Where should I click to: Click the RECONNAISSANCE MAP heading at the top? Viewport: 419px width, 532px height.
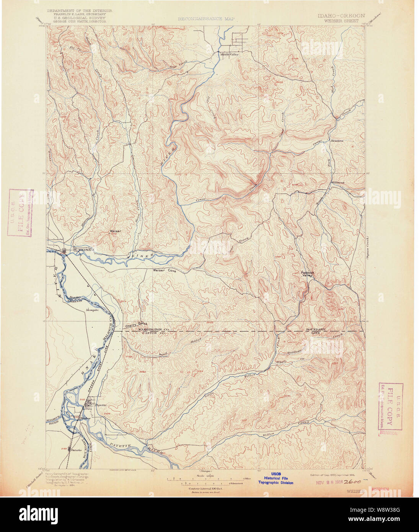pyautogui.click(x=206, y=18)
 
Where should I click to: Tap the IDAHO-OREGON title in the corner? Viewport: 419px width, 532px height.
pyautogui.click(x=341, y=16)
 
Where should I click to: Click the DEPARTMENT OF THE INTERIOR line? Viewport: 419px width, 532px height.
pyautogui.click(x=80, y=11)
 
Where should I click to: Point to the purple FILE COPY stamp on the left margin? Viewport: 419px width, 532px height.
pyautogui.click(x=20, y=213)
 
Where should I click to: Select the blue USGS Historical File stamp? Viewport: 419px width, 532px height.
pyautogui.click(x=276, y=478)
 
